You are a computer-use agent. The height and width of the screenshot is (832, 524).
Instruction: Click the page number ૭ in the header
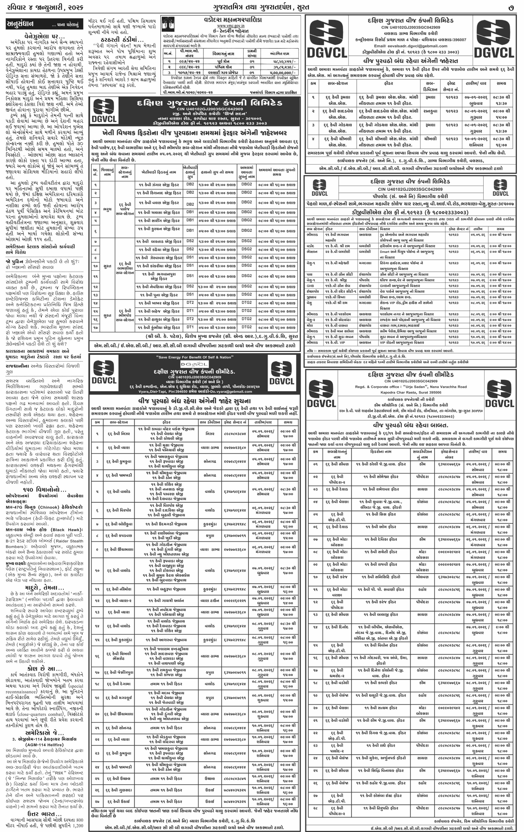click(511, 7)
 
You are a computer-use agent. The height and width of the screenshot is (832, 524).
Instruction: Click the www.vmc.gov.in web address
click(231, 26)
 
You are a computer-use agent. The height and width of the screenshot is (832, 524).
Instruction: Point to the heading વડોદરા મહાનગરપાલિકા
click(233, 20)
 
